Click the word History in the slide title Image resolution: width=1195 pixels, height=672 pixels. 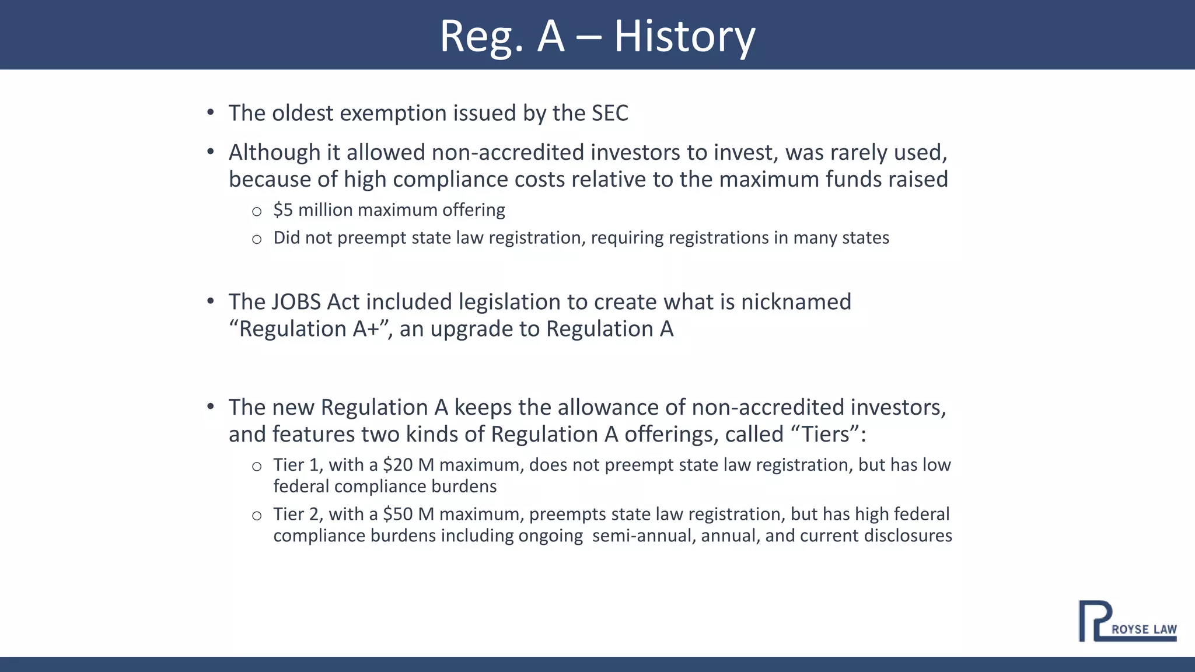click(x=684, y=36)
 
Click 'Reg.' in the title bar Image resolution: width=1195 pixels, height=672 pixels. click(x=481, y=36)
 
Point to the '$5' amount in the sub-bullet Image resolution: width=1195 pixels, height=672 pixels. click(x=283, y=209)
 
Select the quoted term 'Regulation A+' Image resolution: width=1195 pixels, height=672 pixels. click(x=309, y=329)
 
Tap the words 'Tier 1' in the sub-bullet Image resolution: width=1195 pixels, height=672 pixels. click(x=296, y=465)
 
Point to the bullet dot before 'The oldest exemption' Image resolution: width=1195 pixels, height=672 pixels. click(x=211, y=112)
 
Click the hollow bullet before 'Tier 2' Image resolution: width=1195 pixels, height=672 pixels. click(x=257, y=516)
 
